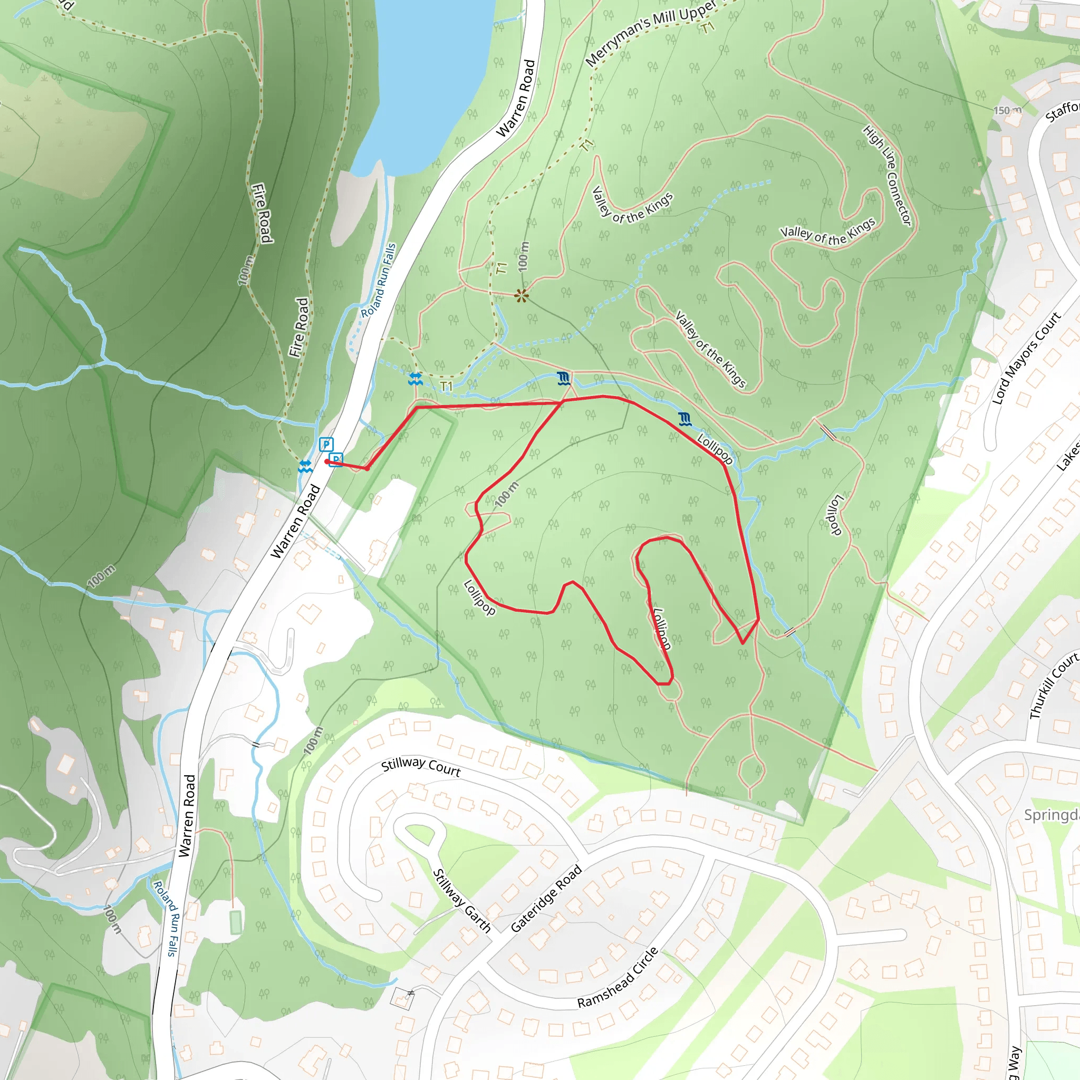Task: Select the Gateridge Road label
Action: pyautogui.click(x=546, y=898)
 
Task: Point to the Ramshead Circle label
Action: pyautogui.click(x=618, y=978)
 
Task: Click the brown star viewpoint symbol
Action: pyautogui.click(x=522, y=296)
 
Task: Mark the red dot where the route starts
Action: pyautogui.click(x=326, y=462)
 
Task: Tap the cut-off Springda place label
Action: pyautogui.click(x=1052, y=815)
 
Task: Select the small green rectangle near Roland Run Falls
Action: pyautogui.click(x=235, y=922)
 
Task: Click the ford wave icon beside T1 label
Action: pyautogui.click(x=415, y=379)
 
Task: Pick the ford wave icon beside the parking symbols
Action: pyautogui.click(x=305, y=466)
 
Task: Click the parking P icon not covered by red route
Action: pyautogui.click(x=326, y=445)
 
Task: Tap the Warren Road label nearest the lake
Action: pyautogui.click(x=515, y=99)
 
